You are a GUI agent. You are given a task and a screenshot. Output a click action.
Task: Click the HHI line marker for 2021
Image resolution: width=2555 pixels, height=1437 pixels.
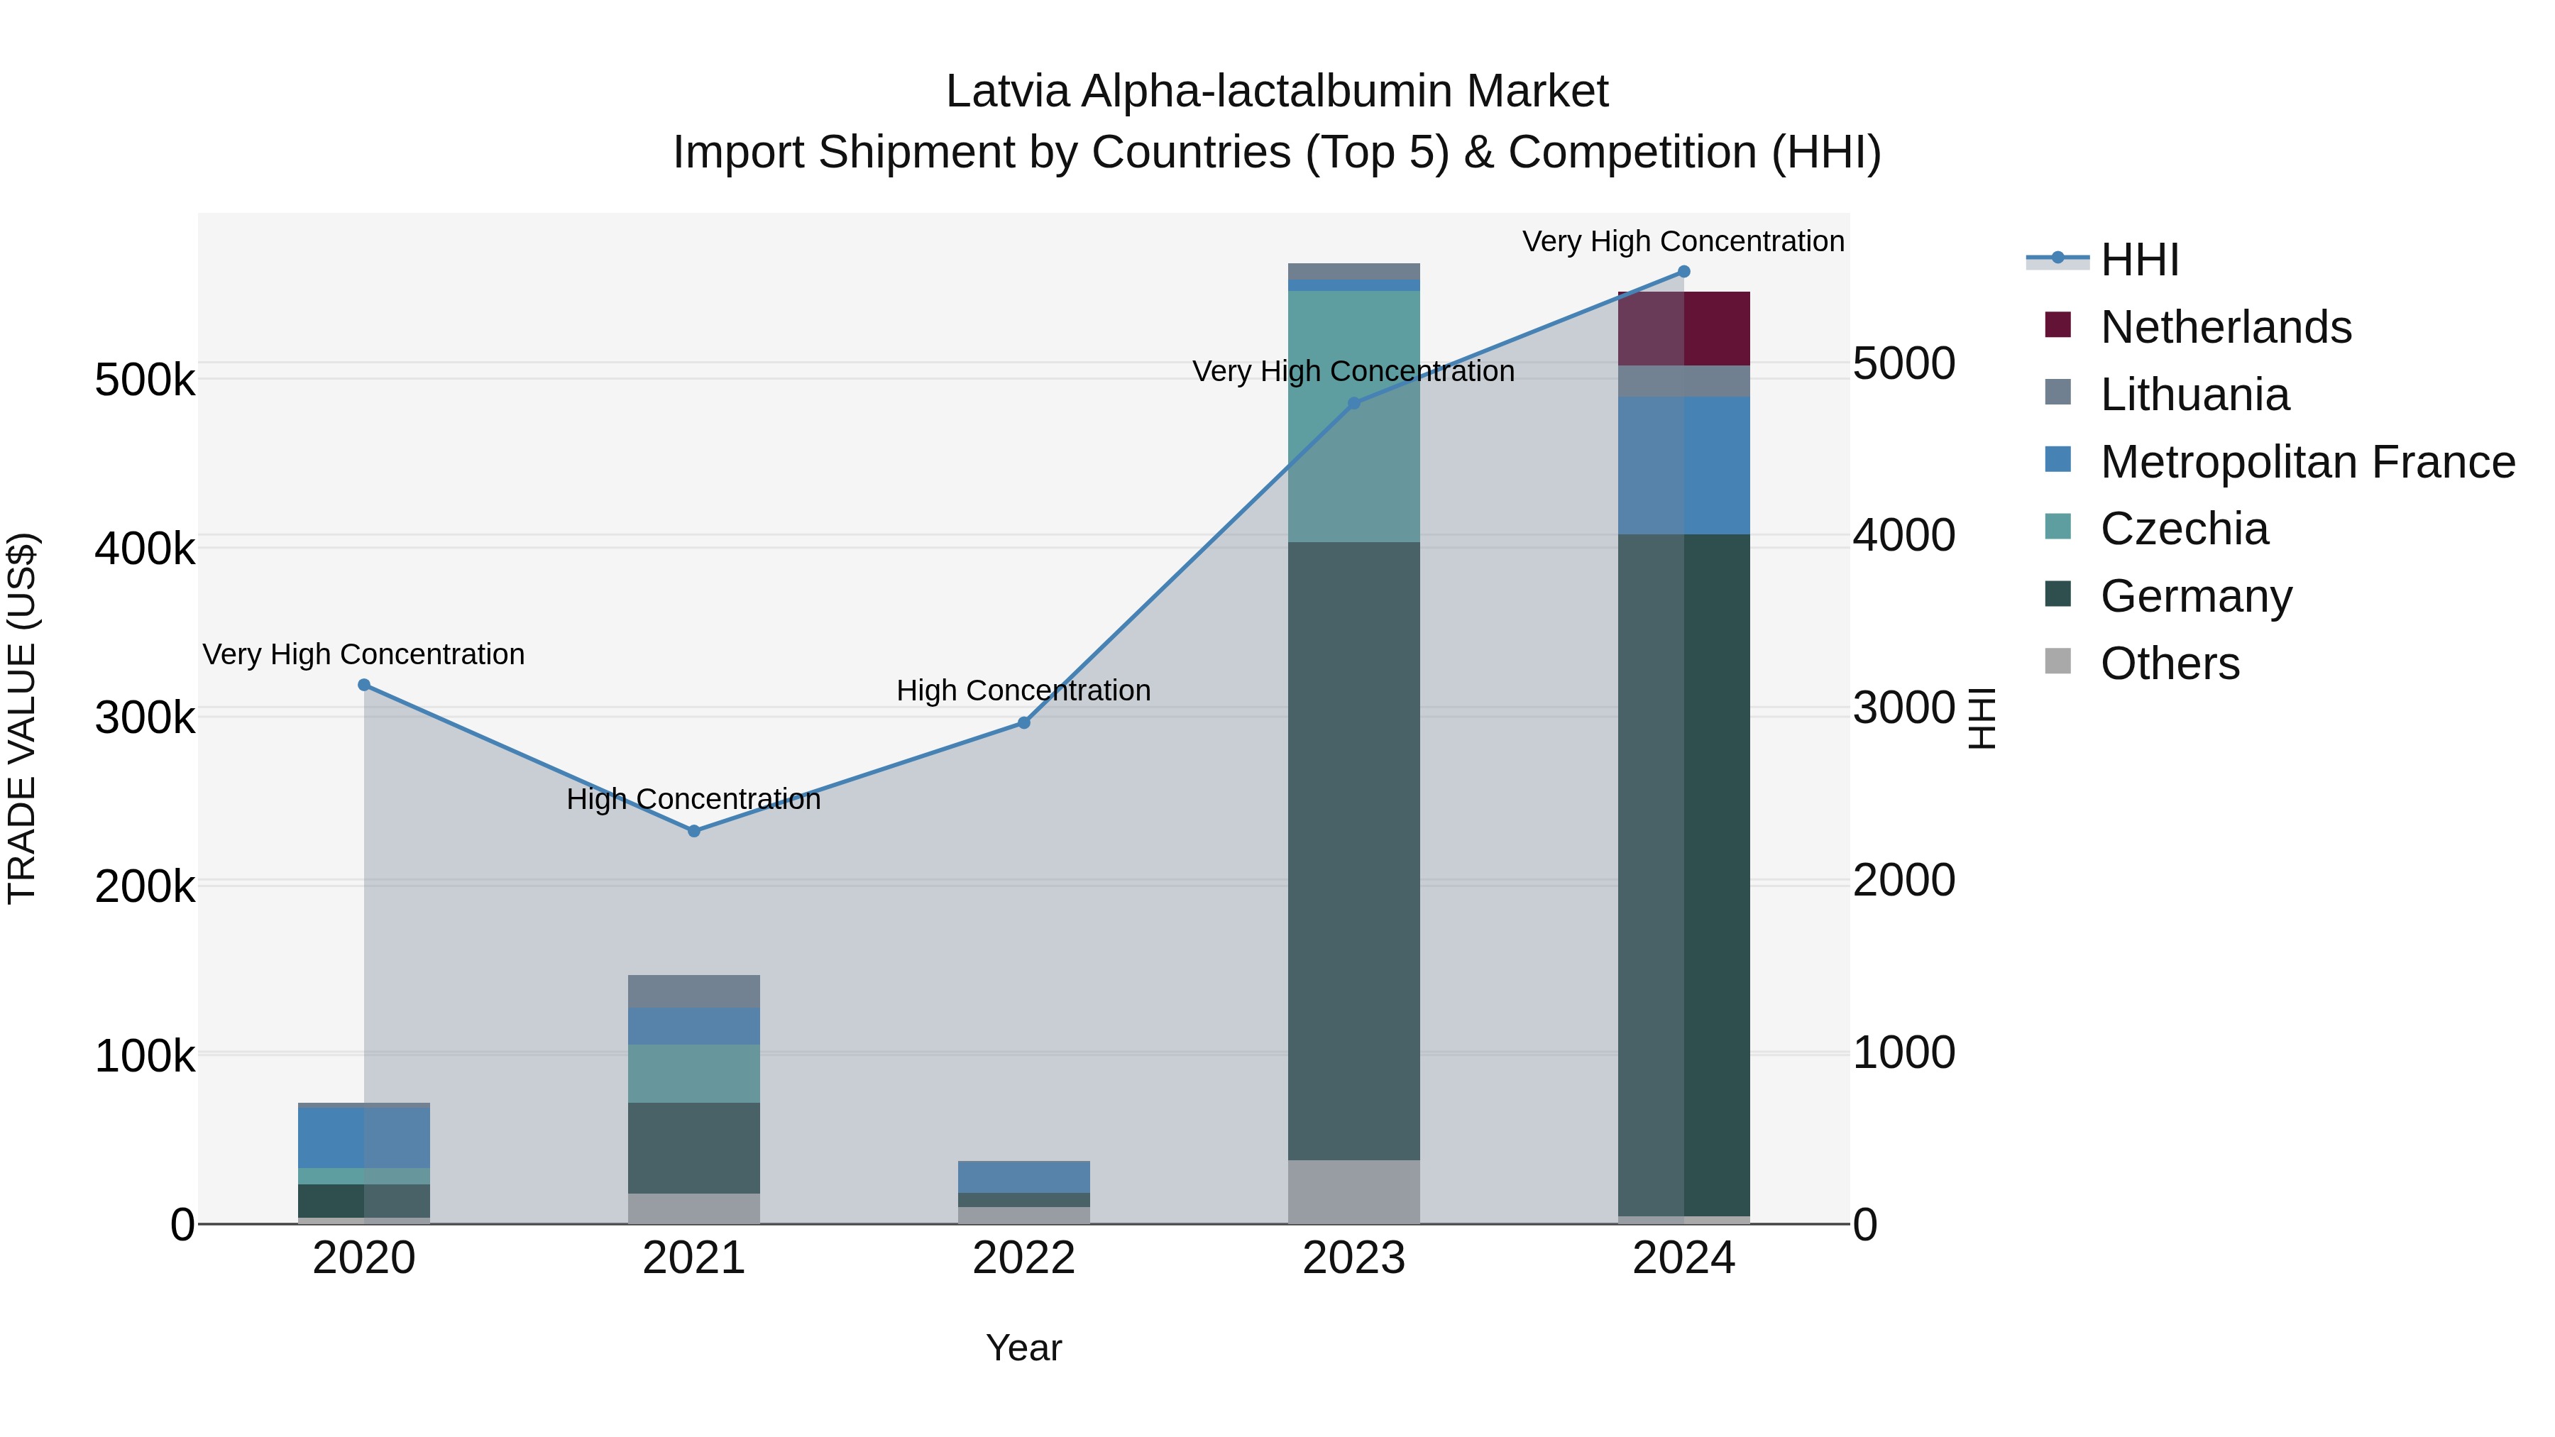tap(693, 831)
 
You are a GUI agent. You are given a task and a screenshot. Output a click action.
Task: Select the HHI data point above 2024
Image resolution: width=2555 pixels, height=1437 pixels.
tap(1683, 272)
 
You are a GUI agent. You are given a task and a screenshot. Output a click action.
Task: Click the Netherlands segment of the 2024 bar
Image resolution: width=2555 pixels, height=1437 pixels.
tap(1683, 329)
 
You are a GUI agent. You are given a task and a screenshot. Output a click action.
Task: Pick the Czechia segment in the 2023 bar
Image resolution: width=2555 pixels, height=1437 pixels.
tap(1354, 417)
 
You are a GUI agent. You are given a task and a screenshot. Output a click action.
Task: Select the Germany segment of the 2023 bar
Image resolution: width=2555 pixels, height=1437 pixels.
tap(1354, 851)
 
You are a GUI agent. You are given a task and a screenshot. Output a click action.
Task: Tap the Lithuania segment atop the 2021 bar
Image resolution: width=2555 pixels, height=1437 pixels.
tap(693, 991)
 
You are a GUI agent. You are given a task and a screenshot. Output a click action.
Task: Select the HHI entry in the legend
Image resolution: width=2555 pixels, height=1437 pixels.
tap(2139, 260)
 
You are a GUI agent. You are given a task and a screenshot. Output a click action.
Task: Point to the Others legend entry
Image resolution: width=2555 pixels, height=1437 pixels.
tap(2169, 664)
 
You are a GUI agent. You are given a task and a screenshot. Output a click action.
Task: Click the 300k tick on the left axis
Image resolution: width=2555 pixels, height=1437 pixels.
tap(145, 717)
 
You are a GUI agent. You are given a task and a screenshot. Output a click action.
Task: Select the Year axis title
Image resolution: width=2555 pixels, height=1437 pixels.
tap(1023, 1348)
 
